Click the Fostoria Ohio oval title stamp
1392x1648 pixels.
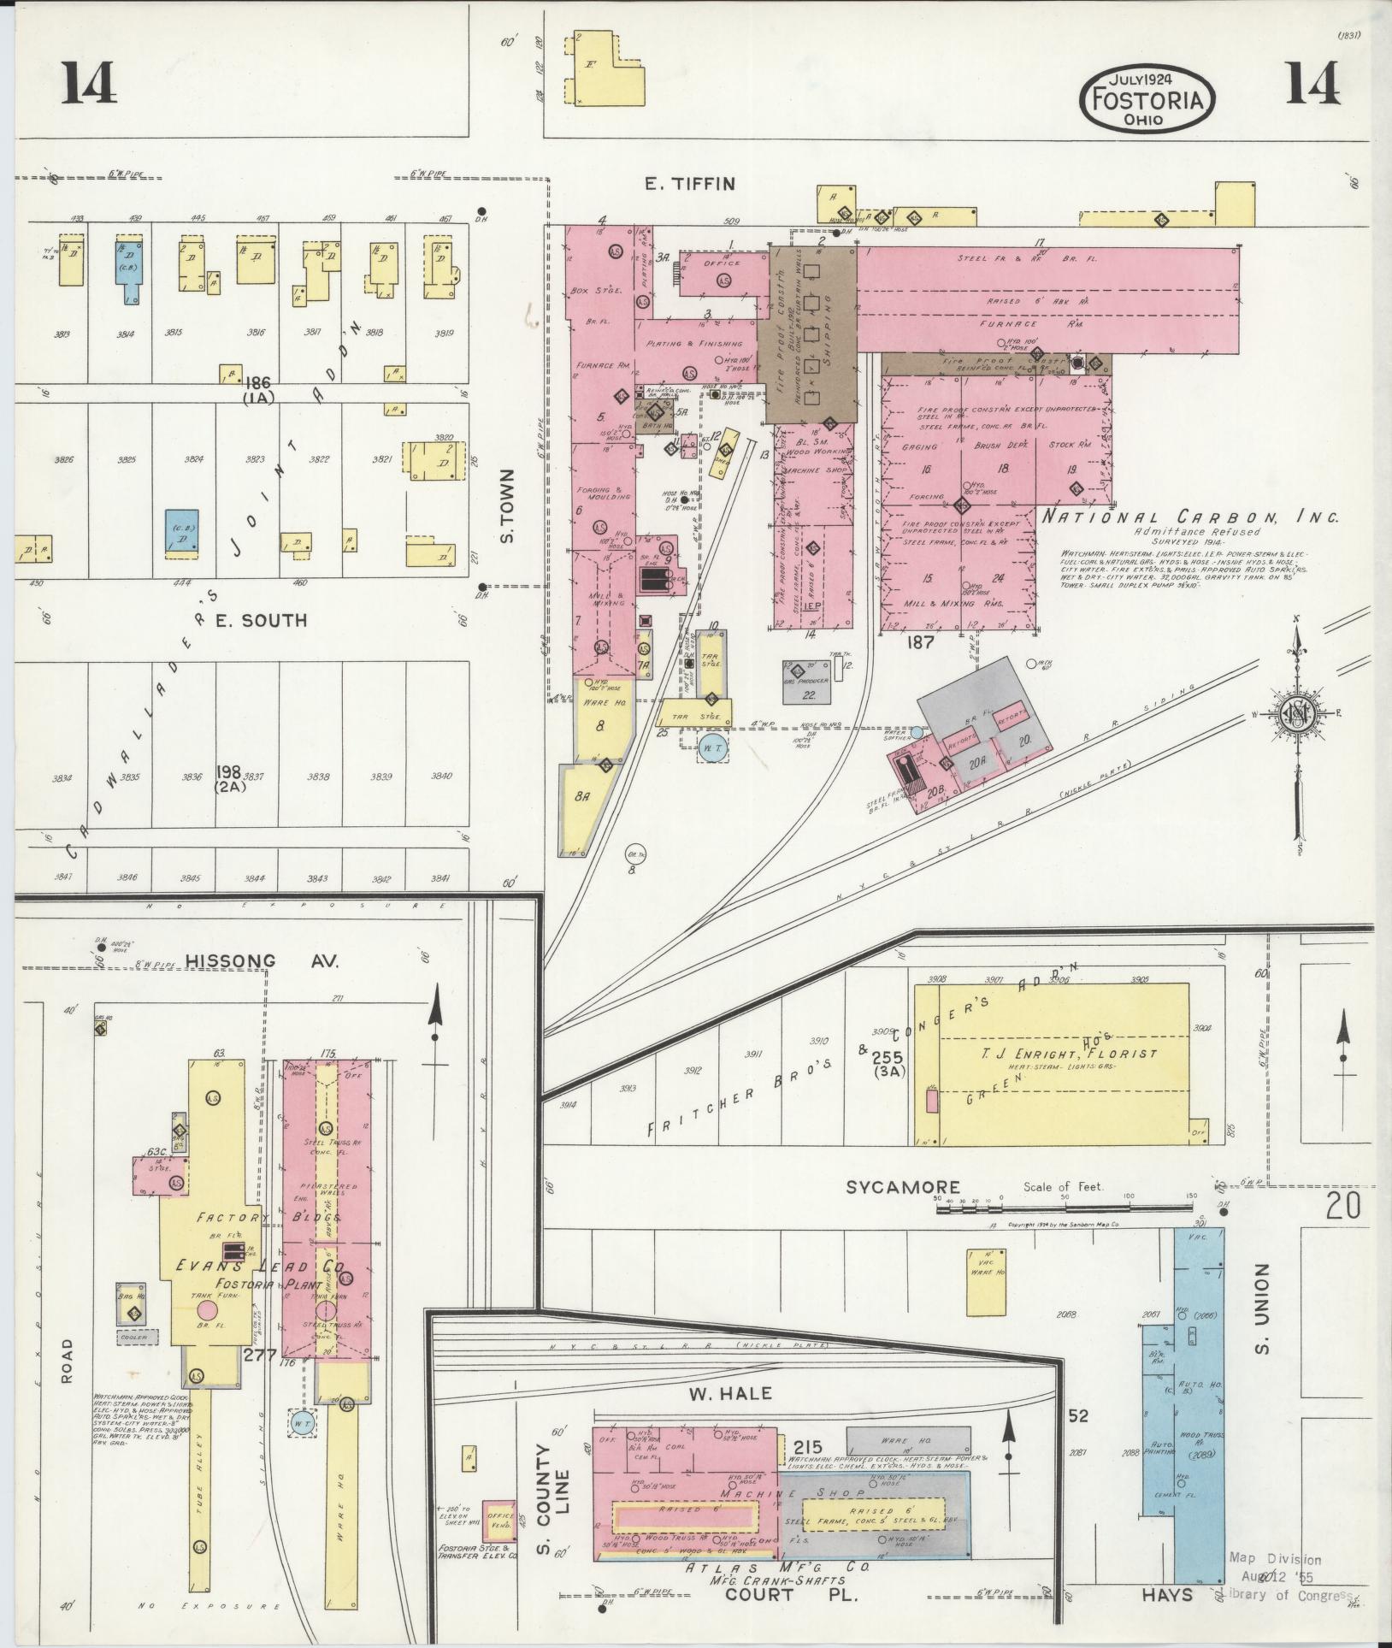[x=1147, y=97]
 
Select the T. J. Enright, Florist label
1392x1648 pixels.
[x=1059, y=1054]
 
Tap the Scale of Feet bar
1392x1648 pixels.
[x=1065, y=1208]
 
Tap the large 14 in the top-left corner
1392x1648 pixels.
[x=89, y=84]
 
